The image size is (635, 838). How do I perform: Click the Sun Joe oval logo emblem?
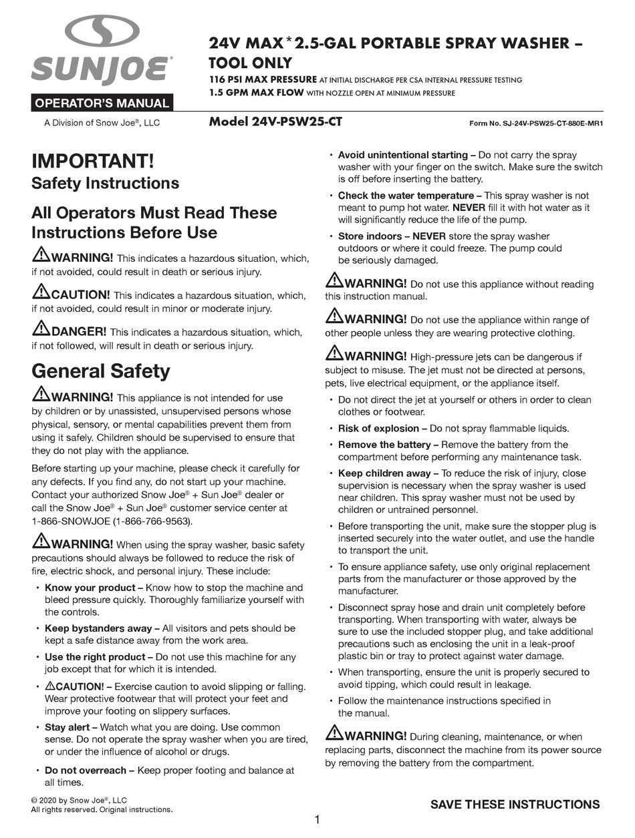[102, 31]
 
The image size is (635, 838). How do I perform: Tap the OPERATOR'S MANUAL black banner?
[102, 103]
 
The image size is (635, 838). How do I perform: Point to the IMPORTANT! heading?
[92, 161]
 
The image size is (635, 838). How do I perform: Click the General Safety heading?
[101, 371]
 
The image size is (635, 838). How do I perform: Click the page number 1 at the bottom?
[317, 819]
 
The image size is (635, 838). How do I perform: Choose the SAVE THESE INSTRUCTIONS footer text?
[515, 805]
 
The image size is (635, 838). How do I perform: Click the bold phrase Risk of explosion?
[378, 429]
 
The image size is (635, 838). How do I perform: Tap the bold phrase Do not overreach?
[85, 771]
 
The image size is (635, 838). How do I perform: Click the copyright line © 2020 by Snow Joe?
[79, 800]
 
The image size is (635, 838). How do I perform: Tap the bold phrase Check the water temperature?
[405, 196]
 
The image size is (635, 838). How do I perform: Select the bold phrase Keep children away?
[384, 473]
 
